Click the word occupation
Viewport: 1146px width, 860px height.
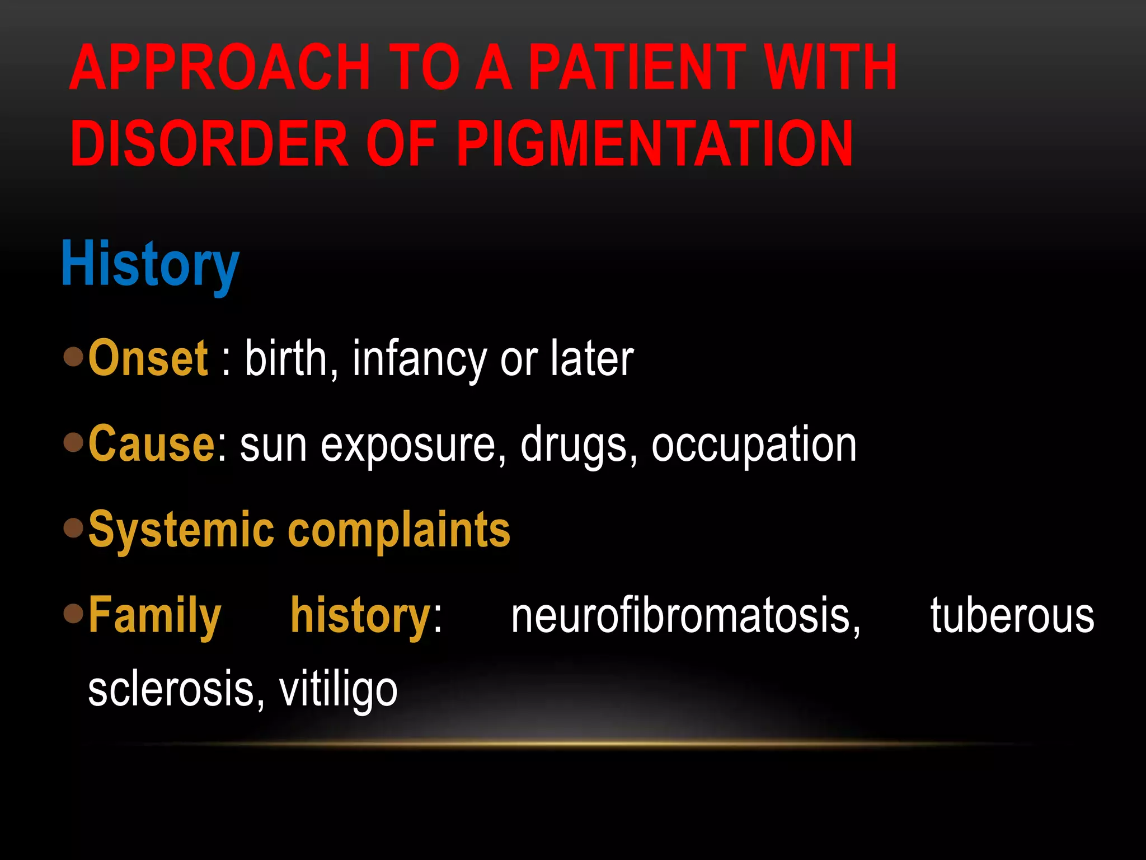(754, 445)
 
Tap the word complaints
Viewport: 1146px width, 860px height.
(399, 530)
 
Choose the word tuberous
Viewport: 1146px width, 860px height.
(1012, 615)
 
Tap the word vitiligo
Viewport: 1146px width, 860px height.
(338, 690)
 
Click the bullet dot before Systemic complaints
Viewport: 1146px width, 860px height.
(73, 527)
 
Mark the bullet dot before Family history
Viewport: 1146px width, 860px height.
(73, 613)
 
